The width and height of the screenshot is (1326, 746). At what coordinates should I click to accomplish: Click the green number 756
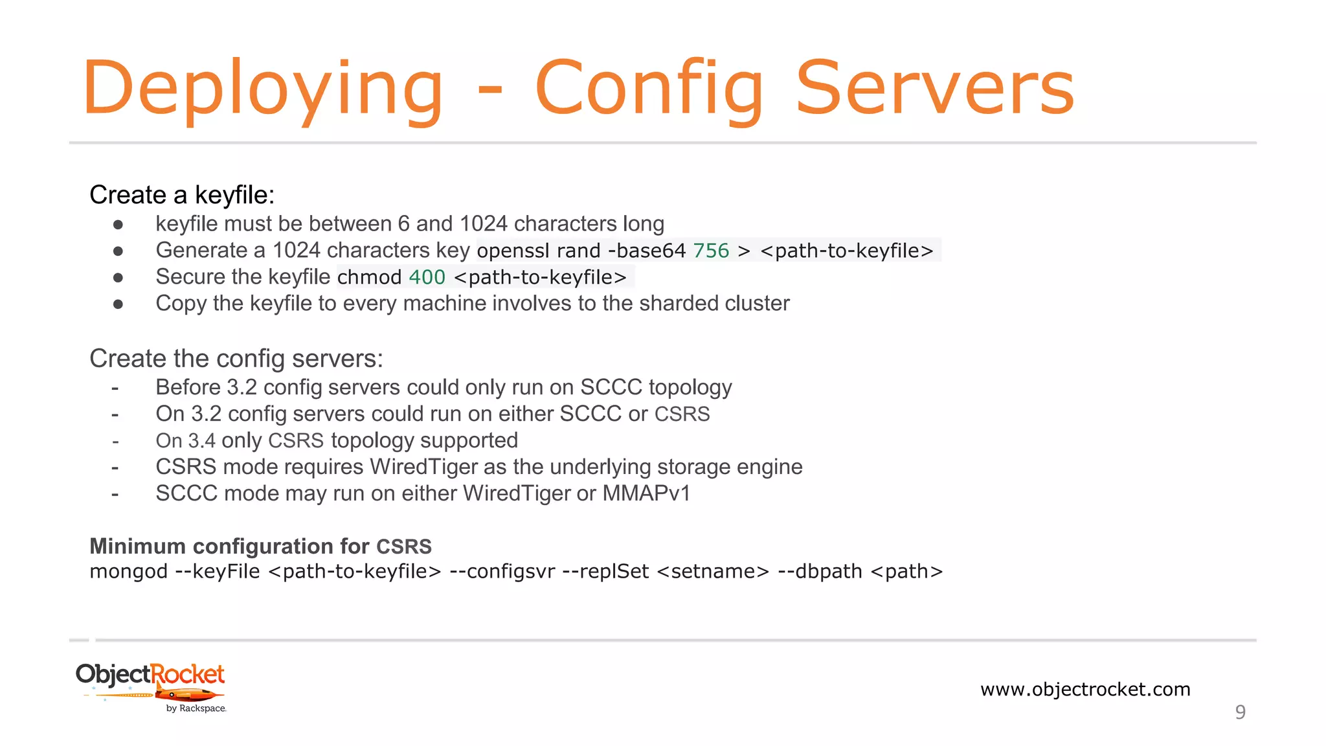[x=711, y=251]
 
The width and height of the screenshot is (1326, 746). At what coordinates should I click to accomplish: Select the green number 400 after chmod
[x=427, y=277]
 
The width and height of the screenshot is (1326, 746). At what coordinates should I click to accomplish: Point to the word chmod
[x=369, y=277]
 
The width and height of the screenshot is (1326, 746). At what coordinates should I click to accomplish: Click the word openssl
[x=513, y=251]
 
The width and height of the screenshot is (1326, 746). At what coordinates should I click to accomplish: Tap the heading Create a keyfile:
[x=182, y=195]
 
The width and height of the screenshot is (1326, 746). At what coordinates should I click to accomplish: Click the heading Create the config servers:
[x=236, y=359]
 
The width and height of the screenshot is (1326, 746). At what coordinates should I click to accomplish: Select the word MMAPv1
[x=646, y=493]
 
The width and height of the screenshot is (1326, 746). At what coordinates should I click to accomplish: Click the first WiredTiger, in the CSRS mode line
[x=425, y=467]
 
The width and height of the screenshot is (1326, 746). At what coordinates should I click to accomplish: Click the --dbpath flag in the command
[x=820, y=572]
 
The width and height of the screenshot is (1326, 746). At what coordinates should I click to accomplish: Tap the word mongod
[x=128, y=572]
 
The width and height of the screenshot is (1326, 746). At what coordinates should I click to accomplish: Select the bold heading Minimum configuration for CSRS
[x=260, y=547]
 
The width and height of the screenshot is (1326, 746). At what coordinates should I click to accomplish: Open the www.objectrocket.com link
[x=1085, y=689]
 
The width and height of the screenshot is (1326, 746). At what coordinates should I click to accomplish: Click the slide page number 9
[x=1240, y=712]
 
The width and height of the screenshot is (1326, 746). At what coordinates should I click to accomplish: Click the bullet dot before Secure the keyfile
[x=118, y=278]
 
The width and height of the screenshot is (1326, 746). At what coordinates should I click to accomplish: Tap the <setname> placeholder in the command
[x=713, y=572]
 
